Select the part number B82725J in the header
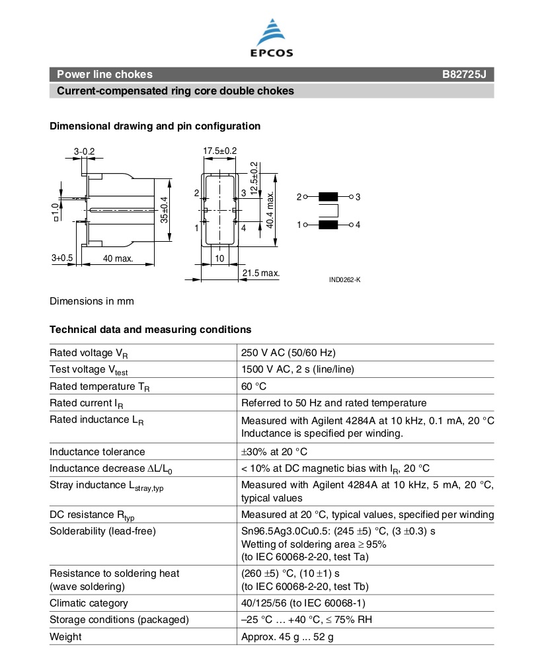[463, 75]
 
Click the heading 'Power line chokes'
[104, 75]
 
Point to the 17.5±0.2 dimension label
[219, 151]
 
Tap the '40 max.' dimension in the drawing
[118, 258]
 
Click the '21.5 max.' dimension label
[260, 273]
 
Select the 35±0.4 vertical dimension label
[165, 210]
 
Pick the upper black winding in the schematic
[328, 197]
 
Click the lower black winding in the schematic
[328, 225]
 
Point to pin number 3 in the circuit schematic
[358, 197]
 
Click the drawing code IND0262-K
[344, 280]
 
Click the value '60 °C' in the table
[254, 386]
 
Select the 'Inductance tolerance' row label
[97, 452]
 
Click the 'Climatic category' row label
[89, 603]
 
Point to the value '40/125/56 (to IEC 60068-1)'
[303, 603]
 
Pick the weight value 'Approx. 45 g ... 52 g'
[288, 637]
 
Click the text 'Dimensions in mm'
[92, 301]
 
